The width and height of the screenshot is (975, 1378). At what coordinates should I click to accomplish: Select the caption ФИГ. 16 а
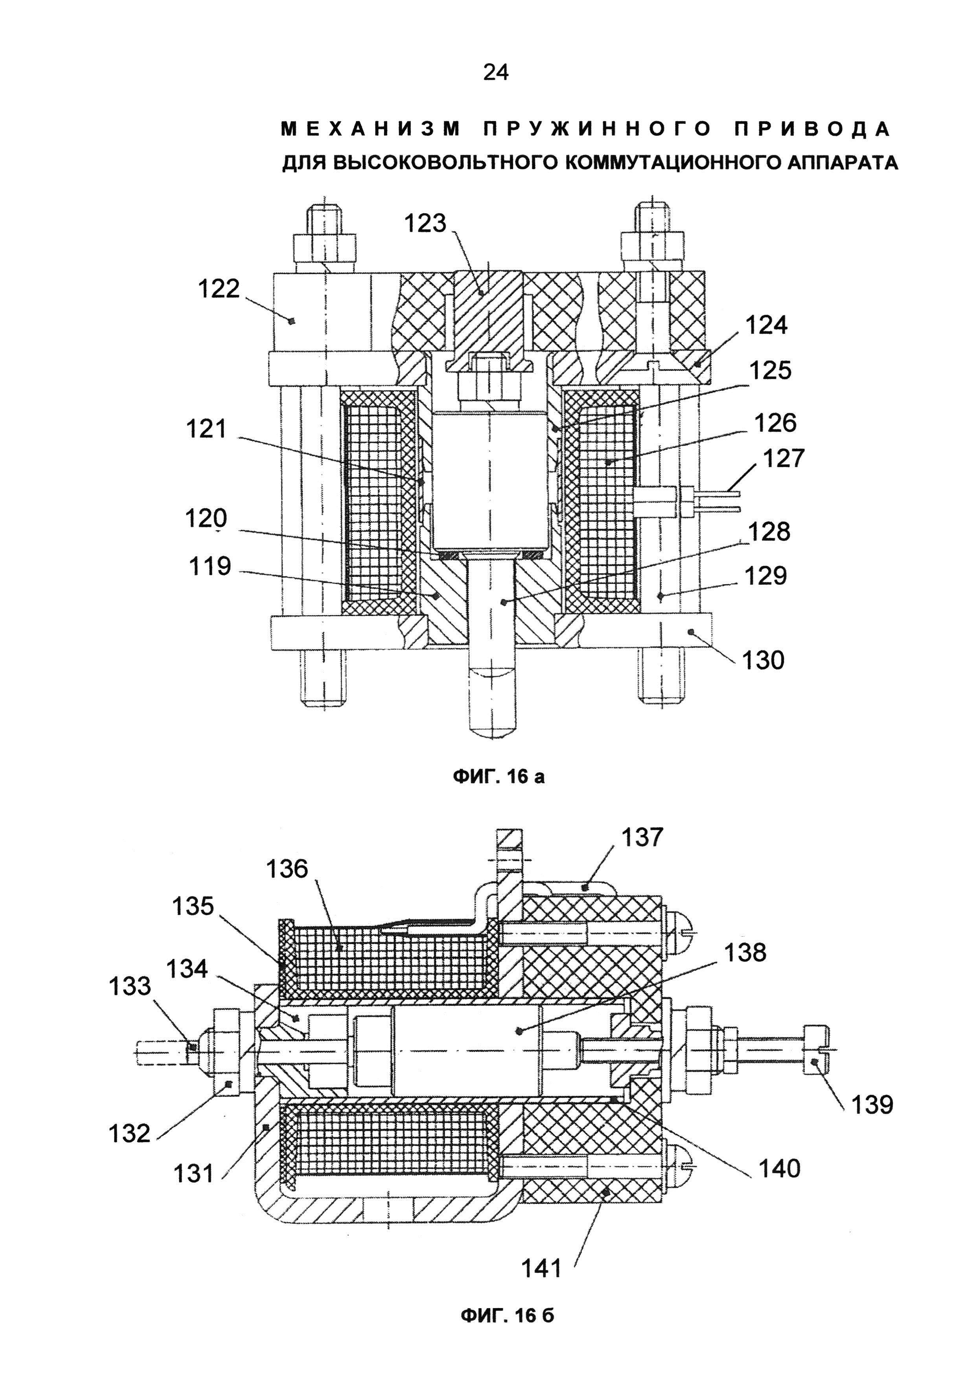[x=498, y=777]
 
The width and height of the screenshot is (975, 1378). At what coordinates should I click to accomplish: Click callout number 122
[x=219, y=289]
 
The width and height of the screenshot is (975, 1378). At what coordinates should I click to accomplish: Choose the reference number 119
[x=210, y=566]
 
